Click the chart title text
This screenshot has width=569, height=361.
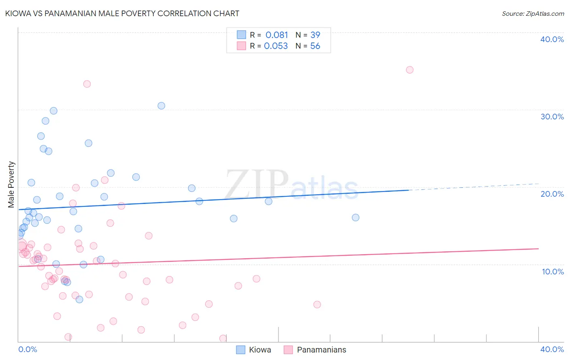122,13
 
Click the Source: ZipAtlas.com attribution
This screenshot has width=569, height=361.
533,13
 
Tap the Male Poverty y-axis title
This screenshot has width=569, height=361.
11,185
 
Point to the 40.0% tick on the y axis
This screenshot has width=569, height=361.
552,39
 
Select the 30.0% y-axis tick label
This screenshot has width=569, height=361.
552,117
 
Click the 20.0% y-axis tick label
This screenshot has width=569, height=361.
552,194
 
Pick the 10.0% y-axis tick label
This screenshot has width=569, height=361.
552,272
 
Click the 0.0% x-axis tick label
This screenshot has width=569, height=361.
28,349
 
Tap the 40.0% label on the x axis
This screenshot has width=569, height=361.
552,349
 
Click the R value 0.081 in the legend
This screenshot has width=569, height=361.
277,35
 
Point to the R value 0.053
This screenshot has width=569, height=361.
276,46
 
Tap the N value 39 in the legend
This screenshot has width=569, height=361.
315,35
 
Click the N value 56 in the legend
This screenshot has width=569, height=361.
315,46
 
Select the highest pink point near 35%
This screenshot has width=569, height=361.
410,70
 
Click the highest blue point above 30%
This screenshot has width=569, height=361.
161,106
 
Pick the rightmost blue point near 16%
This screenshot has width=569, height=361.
355,217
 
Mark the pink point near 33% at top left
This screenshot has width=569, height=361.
87,84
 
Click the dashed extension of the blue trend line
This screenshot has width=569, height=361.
473,187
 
